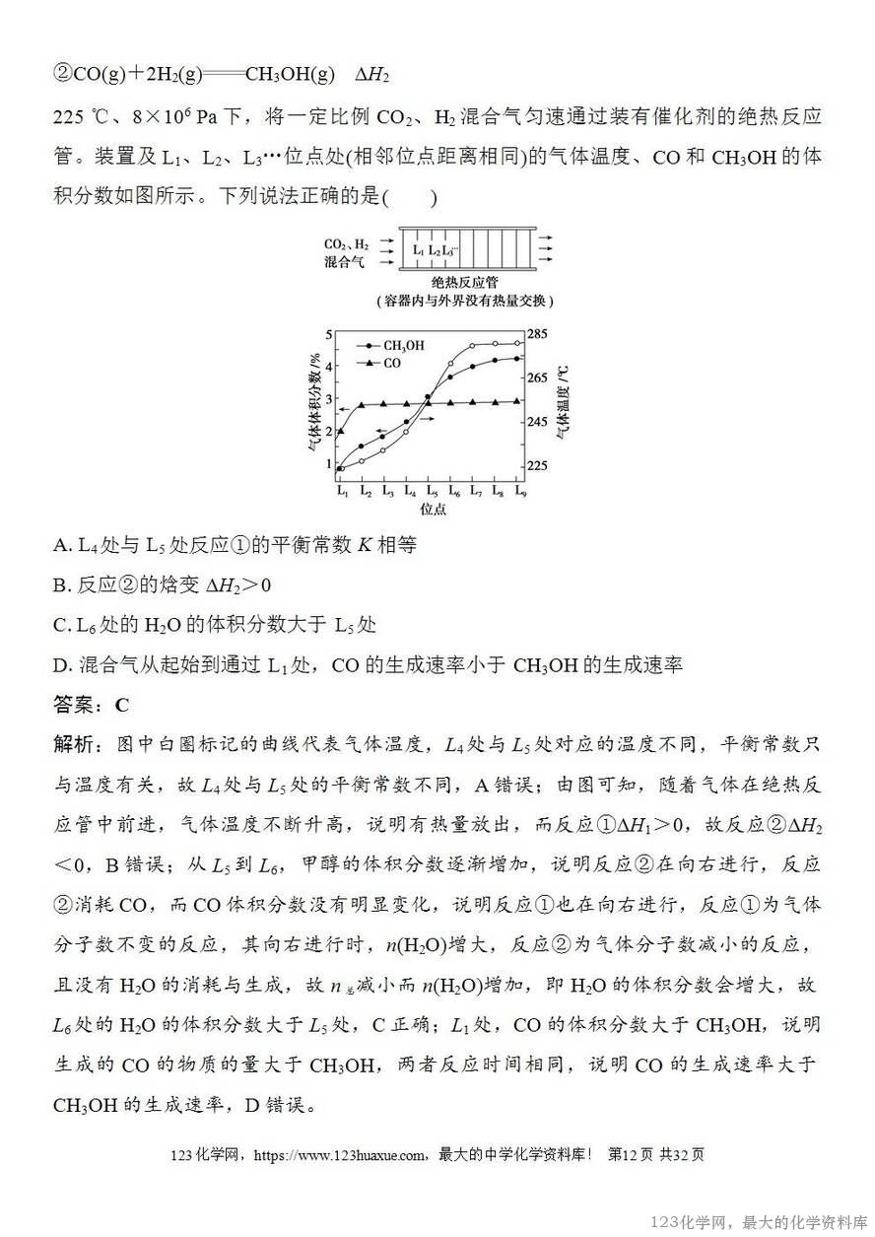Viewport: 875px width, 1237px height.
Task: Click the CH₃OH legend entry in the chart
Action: click(x=403, y=346)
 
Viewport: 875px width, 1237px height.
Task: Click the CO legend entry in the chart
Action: click(x=391, y=364)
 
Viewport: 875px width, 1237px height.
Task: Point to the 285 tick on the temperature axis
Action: click(x=540, y=334)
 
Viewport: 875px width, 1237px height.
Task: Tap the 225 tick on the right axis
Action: click(x=540, y=466)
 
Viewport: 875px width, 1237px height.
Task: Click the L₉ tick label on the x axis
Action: click(x=519, y=490)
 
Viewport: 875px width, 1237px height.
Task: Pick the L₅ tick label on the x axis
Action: click(x=430, y=490)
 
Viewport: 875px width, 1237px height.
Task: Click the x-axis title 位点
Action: click(x=433, y=510)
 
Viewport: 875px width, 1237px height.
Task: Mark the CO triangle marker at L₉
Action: click(x=518, y=401)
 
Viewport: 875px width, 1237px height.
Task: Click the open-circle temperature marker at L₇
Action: click(x=473, y=346)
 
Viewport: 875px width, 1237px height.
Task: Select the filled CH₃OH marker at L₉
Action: click(x=518, y=359)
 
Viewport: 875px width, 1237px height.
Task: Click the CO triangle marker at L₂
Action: click(x=363, y=404)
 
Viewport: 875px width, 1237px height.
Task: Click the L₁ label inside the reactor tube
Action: click(x=419, y=250)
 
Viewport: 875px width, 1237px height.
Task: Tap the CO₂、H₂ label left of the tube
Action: click(x=348, y=243)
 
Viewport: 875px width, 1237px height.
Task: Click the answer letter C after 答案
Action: click(x=122, y=705)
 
